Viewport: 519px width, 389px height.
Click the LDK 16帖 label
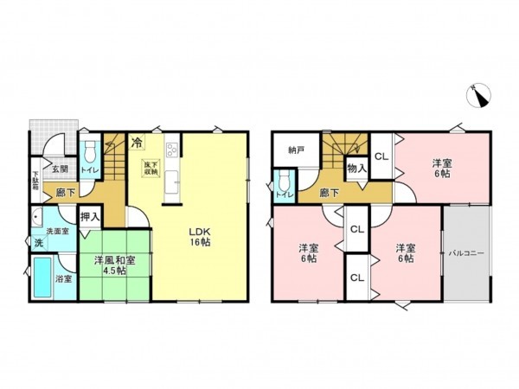click(x=201, y=237)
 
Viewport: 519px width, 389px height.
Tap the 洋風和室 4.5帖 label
click(x=115, y=265)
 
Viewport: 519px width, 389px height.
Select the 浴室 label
click(x=65, y=279)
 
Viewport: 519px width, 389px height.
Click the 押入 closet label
click(x=90, y=220)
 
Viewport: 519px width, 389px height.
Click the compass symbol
click(x=478, y=94)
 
